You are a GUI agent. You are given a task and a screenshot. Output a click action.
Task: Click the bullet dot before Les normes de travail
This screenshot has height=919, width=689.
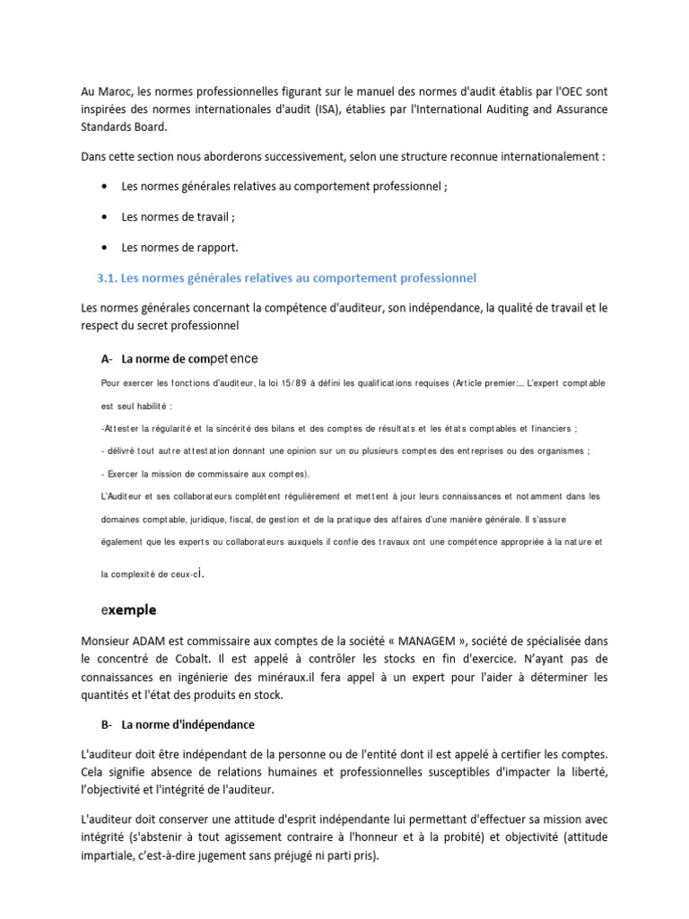pos(105,216)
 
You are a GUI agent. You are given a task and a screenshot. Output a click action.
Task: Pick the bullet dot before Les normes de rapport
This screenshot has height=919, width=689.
pos(105,247)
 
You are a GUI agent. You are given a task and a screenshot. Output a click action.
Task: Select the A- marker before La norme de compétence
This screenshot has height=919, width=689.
pos(107,358)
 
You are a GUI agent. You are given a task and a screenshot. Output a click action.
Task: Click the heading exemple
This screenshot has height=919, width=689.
pos(129,609)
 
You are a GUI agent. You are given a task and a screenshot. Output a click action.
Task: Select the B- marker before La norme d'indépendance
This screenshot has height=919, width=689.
pos(107,724)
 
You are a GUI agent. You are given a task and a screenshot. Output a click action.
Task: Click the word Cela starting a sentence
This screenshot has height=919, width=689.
pos(92,772)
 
